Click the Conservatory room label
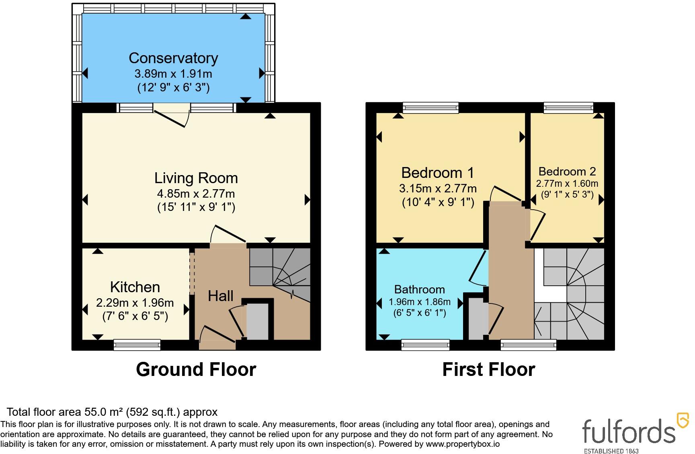(173, 58)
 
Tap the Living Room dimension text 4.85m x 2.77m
(196, 194)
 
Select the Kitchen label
(135, 287)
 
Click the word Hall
(221, 296)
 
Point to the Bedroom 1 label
(438, 173)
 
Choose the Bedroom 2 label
(567, 171)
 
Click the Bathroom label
(420, 289)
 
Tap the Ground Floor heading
(196, 369)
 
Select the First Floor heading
(489, 369)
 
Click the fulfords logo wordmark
(629, 431)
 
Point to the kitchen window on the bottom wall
(137, 345)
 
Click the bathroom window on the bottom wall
(425, 345)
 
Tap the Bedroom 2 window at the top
(568, 107)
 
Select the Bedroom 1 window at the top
(431, 107)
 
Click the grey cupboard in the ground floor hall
(257, 322)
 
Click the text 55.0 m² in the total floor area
(103, 412)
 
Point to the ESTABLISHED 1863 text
(611, 451)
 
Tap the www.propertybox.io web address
(463, 444)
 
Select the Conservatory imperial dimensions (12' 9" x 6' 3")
(174, 87)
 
